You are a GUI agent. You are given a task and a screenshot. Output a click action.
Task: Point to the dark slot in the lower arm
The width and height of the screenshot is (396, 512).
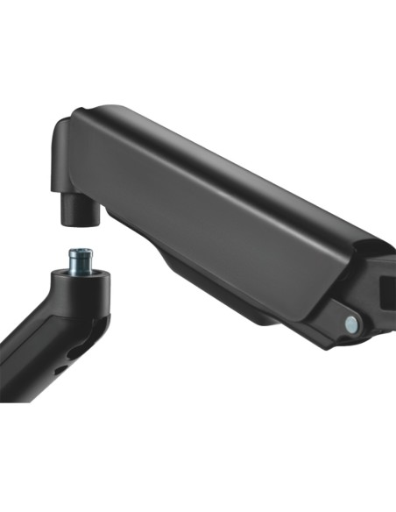click(61, 367)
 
